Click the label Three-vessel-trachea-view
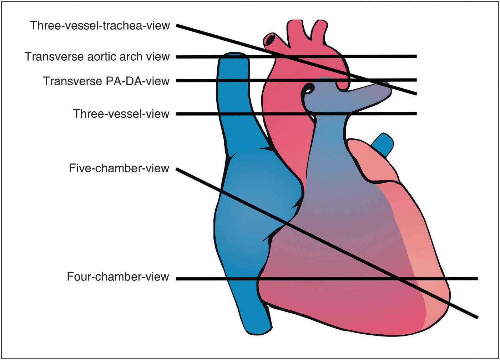point(100,26)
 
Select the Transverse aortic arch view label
point(97,57)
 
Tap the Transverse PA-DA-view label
point(106,81)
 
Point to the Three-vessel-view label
point(121,114)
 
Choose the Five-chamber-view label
point(119,168)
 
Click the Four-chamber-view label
point(118,277)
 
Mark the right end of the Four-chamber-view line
point(477,278)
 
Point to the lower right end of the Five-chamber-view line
point(476,317)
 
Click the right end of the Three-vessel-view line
point(416,114)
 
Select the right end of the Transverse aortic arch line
point(416,56)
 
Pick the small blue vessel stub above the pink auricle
point(384,143)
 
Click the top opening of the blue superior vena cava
point(234,55)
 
